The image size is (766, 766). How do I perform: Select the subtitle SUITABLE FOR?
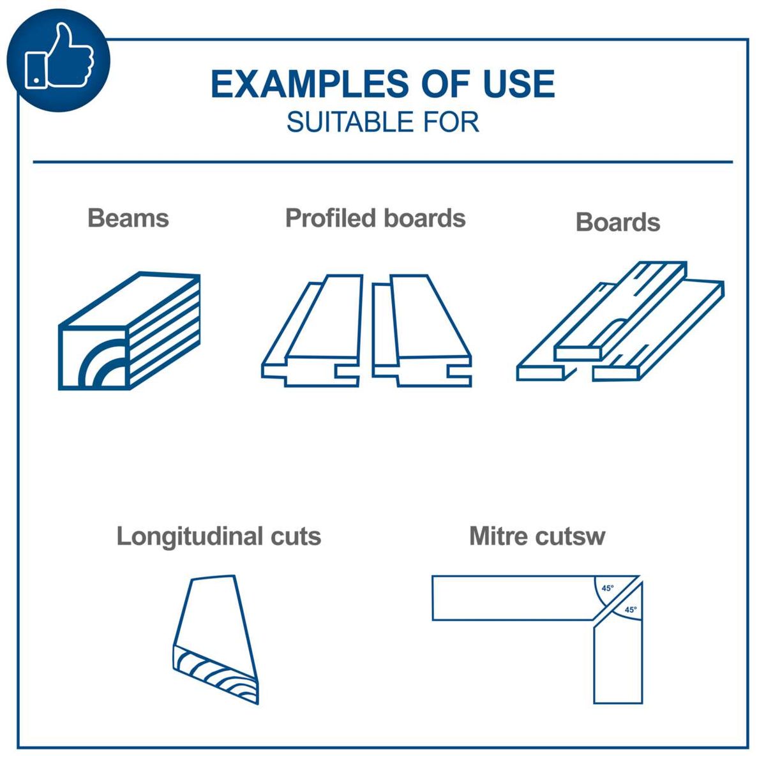click(382, 122)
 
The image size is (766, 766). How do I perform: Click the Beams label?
click(128, 218)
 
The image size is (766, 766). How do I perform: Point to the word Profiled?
click(330, 218)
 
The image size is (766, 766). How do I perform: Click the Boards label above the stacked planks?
click(617, 222)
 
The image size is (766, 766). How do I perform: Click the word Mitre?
click(499, 536)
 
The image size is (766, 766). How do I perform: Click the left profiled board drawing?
click(313, 332)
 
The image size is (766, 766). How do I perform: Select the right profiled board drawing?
click(421, 332)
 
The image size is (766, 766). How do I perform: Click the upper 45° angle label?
click(607, 588)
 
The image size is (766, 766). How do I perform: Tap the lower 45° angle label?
click(630, 610)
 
